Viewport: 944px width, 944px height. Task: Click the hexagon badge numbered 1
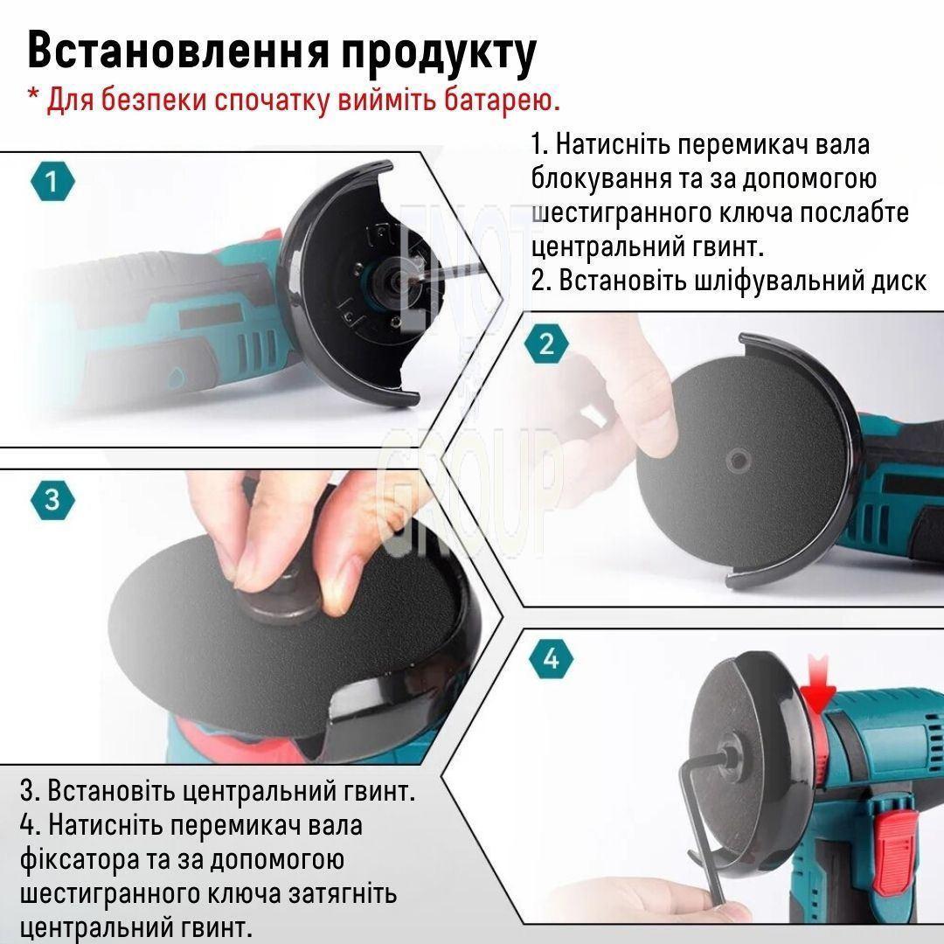pos(52,181)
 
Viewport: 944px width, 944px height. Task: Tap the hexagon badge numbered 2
pos(546,344)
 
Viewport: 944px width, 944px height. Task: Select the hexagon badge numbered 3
pos(52,499)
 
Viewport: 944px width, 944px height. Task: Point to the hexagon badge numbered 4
pos(551,659)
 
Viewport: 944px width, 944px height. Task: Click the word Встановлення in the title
pos(178,52)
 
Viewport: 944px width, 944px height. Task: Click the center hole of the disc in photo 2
pos(737,462)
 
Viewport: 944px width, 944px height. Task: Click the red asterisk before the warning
pos(34,94)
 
